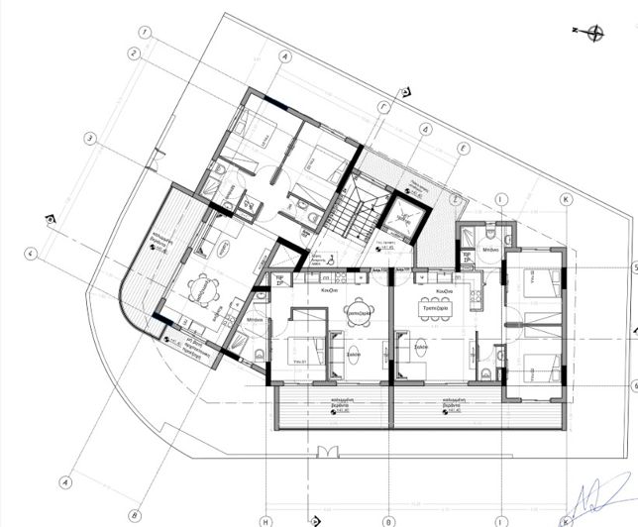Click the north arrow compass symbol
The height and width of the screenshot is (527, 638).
point(594,33)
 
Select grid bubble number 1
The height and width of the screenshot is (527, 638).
point(145,32)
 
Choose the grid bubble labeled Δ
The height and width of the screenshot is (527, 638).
point(423,129)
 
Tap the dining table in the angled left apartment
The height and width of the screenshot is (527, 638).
point(200,289)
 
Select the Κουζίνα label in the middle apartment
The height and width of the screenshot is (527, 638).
point(331,291)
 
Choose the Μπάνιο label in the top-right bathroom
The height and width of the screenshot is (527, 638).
point(490,251)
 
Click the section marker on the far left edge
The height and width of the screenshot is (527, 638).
point(51,218)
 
